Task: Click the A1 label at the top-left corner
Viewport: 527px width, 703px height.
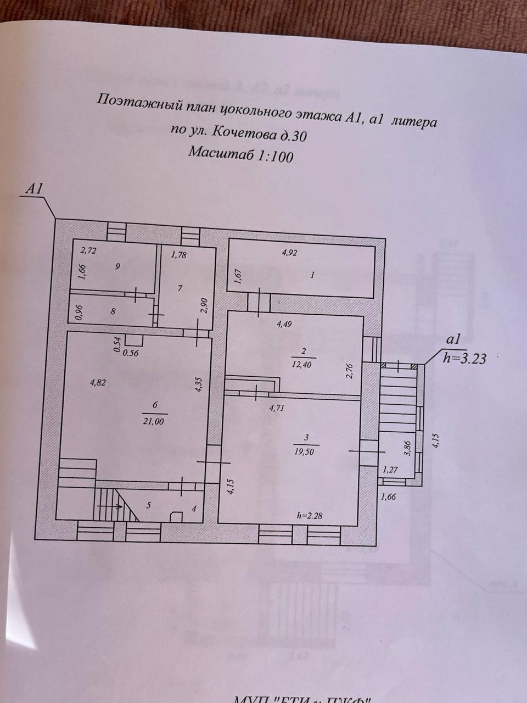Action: pyautogui.click(x=35, y=189)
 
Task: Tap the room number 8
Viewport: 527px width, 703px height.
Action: pyautogui.click(x=113, y=311)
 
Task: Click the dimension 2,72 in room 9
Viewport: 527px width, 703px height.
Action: pyautogui.click(x=88, y=251)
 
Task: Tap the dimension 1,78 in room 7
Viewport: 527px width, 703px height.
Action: pyautogui.click(x=179, y=254)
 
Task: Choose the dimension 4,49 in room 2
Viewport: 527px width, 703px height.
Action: pyautogui.click(x=284, y=323)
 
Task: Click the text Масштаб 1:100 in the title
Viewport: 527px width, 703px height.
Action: pyautogui.click(x=240, y=154)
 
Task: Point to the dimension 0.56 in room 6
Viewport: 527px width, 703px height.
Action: pyautogui.click(x=132, y=353)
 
